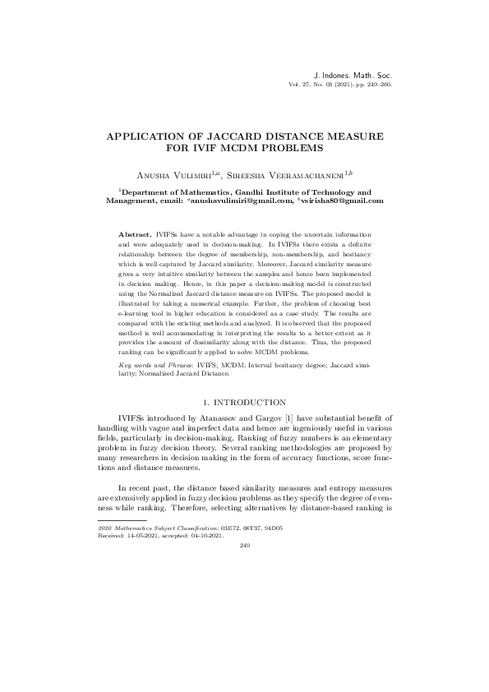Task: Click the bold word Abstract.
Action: [136, 235]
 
